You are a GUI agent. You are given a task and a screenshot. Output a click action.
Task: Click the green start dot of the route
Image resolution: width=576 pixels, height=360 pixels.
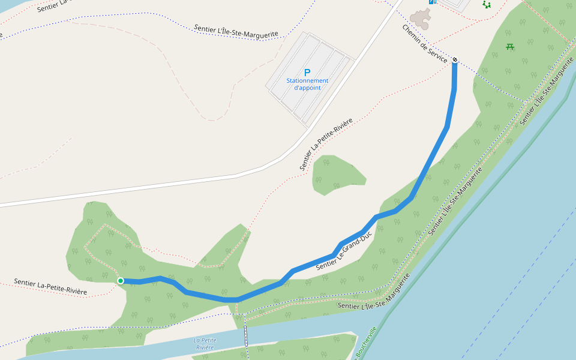click(x=121, y=280)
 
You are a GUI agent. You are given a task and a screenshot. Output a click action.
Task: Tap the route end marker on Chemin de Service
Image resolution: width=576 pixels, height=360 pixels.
click(x=455, y=59)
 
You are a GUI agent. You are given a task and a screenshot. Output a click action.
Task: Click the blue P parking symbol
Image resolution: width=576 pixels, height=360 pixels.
click(x=307, y=72)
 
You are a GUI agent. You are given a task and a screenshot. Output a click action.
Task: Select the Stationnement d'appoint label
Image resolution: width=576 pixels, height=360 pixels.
click(x=307, y=84)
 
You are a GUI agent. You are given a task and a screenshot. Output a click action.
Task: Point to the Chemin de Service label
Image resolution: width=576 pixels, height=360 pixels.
click(x=425, y=43)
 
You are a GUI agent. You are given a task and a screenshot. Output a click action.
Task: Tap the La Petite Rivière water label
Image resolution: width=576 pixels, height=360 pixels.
click(x=205, y=344)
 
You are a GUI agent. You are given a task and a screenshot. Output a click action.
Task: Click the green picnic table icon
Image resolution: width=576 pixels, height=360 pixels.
click(x=510, y=46)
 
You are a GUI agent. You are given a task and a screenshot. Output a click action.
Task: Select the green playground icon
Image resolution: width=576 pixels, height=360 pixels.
click(x=487, y=5)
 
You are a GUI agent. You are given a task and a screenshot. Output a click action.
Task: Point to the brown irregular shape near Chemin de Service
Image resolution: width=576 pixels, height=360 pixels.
click(x=421, y=19)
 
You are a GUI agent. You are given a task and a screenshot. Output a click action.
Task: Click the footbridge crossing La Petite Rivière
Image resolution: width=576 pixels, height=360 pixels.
click(x=245, y=336)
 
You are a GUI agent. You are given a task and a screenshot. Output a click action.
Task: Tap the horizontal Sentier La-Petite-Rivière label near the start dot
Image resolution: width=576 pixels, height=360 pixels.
click(x=50, y=287)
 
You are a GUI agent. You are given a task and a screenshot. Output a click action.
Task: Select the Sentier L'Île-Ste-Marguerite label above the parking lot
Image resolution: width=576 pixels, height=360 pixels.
click(x=236, y=31)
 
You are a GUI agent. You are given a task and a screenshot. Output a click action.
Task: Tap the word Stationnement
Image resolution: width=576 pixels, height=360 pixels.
click(x=307, y=80)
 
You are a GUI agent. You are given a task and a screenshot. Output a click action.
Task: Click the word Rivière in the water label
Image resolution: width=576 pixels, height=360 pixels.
click(x=205, y=347)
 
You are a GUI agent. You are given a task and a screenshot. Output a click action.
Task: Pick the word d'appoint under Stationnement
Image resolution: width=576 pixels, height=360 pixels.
click(x=307, y=88)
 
